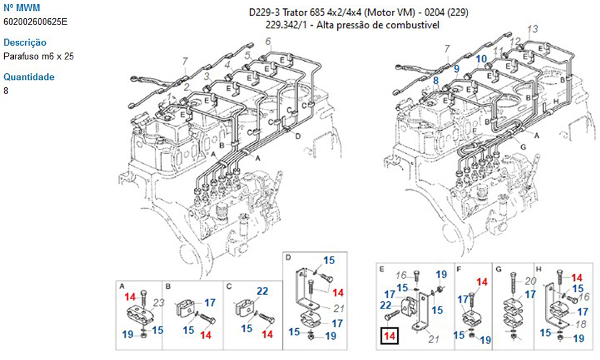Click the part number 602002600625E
click(x=36, y=22)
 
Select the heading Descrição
click(x=25, y=43)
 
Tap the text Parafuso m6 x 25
click(x=39, y=56)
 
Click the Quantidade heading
click(x=29, y=77)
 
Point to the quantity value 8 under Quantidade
click(x=6, y=91)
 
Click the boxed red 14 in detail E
click(x=389, y=337)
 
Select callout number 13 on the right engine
click(x=532, y=29)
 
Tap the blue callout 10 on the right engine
click(x=481, y=59)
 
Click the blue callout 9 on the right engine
click(x=457, y=68)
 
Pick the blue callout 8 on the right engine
click(x=436, y=80)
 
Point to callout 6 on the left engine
click(x=268, y=41)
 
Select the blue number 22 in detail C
click(x=262, y=292)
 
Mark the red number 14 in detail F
click(x=482, y=282)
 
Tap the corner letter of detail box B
click(x=169, y=286)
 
